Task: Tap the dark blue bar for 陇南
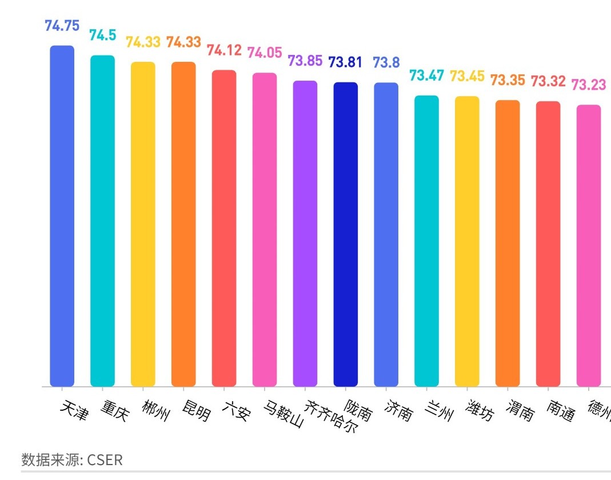346,234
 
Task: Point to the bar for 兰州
426,240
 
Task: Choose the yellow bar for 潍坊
467,241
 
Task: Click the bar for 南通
548,243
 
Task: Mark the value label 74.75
62,26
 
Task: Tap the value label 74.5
102,35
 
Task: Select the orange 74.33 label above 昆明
183,42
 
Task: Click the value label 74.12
224,50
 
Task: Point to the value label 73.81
345,62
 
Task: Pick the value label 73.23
589,85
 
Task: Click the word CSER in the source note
105,460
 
